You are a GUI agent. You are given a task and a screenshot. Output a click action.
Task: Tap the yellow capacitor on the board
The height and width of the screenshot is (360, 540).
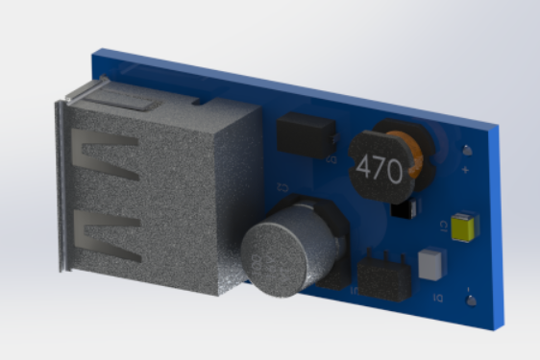click(466, 227)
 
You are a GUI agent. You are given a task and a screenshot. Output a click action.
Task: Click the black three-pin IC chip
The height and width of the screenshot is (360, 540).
click(383, 276)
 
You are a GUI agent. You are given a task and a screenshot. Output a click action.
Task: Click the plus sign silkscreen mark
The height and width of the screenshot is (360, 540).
click(466, 170)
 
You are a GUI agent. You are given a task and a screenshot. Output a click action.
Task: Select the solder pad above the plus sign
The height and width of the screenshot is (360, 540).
click(467, 151)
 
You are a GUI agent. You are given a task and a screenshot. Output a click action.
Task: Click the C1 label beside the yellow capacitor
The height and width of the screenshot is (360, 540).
click(443, 225)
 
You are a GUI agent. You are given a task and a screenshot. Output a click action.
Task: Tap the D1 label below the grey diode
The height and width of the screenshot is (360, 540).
click(437, 299)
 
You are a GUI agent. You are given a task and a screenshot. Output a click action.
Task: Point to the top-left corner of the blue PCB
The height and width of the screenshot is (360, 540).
click(94, 54)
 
